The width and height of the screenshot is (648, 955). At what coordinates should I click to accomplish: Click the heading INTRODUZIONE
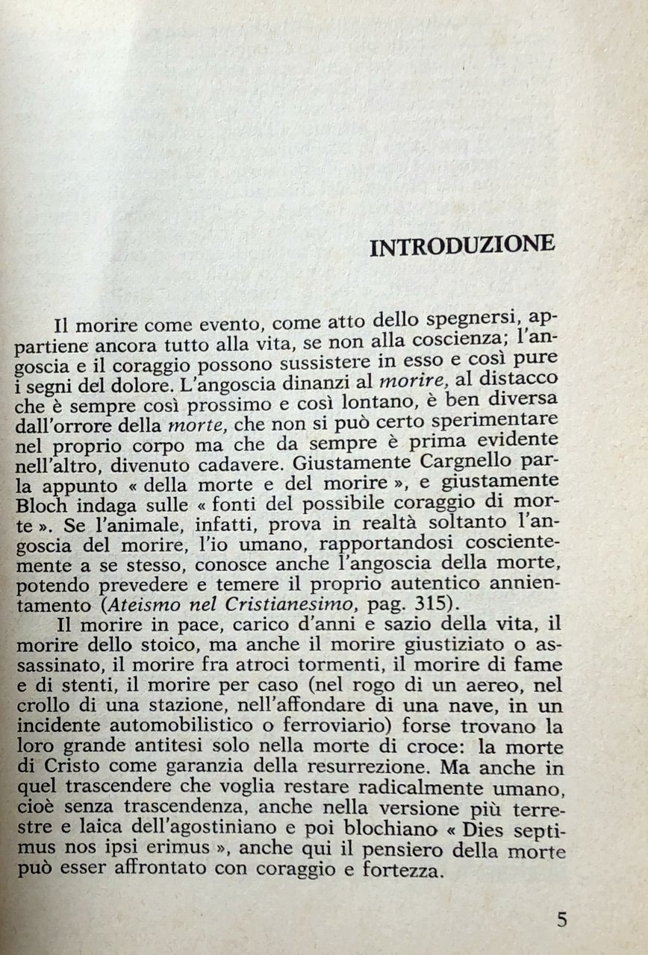(x=462, y=246)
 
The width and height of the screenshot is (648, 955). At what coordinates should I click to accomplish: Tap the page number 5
(x=561, y=918)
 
